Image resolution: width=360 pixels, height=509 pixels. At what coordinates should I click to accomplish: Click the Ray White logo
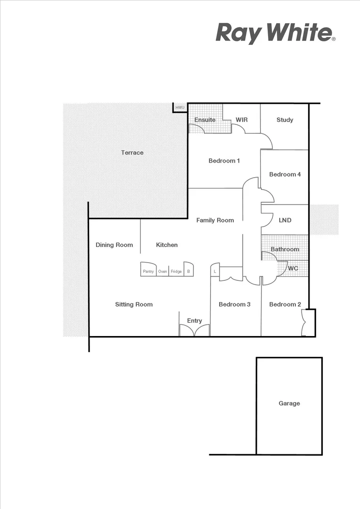click(275, 33)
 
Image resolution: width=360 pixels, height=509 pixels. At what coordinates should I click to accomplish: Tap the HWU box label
click(180, 108)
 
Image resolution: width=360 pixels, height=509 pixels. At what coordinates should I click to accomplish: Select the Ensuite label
click(205, 120)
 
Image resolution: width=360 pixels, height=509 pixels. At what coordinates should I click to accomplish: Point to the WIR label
click(242, 120)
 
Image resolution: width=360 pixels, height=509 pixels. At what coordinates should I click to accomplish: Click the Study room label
click(285, 120)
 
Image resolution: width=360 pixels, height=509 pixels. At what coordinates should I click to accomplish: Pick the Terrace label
click(132, 153)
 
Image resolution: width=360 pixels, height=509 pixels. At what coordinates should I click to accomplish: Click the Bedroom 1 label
click(224, 161)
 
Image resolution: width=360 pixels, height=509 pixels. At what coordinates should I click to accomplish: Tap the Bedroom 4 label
click(285, 174)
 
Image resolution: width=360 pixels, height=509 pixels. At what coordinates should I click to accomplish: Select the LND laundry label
click(285, 220)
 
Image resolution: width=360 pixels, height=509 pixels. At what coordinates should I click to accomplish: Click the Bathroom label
click(285, 249)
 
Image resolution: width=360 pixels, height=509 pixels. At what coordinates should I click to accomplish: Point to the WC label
click(293, 268)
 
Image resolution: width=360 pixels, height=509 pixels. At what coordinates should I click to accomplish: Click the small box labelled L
click(215, 271)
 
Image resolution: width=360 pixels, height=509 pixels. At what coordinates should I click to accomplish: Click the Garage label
click(289, 403)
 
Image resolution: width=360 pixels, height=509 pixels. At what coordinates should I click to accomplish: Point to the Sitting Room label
click(134, 304)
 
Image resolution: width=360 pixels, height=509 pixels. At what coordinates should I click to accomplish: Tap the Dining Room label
click(114, 245)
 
